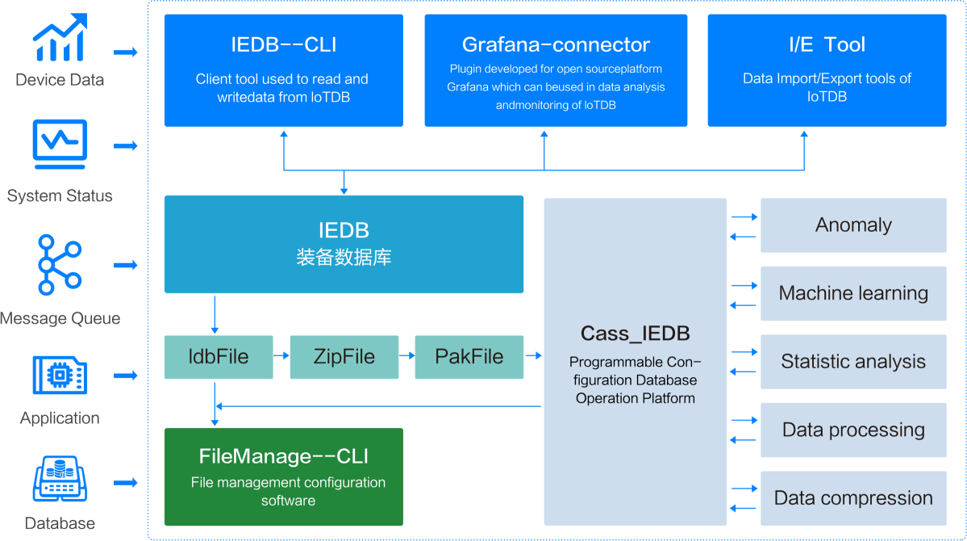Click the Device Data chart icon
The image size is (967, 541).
(x=60, y=37)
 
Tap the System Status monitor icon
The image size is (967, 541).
(x=60, y=144)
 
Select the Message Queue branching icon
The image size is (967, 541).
(x=60, y=264)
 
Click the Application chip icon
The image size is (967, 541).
(x=60, y=375)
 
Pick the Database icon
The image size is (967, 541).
(x=60, y=480)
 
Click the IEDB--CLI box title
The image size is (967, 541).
(x=284, y=44)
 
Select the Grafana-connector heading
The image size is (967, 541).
(x=556, y=44)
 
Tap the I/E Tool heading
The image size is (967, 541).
(x=827, y=44)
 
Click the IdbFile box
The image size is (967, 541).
(x=219, y=357)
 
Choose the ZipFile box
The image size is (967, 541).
(x=344, y=357)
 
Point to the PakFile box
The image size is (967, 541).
(x=469, y=357)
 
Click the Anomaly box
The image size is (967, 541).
(x=853, y=225)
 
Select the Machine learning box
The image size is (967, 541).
(x=853, y=293)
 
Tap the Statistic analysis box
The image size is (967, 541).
(x=853, y=362)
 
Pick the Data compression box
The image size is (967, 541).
(x=853, y=498)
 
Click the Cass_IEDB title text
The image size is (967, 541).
(x=636, y=333)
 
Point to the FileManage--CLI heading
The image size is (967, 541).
(x=284, y=455)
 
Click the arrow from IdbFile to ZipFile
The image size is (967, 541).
(x=281, y=356)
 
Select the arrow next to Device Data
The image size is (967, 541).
(x=125, y=52)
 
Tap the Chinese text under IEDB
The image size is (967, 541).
(x=344, y=257)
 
